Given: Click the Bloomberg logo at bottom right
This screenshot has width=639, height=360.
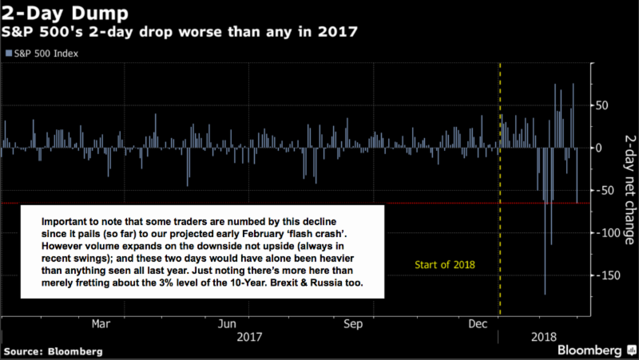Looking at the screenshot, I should pyautogui.click(x=589, y=350).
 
